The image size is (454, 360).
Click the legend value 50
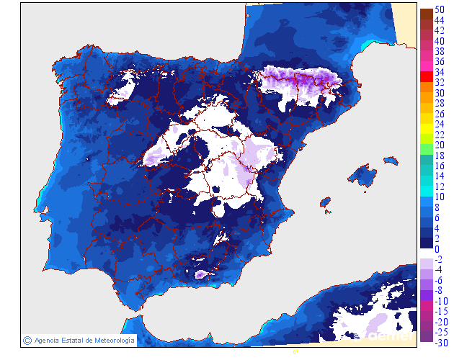[x=439, y=9]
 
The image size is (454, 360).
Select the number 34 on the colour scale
[x=439, y=73]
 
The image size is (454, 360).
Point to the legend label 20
[x=439, y=145]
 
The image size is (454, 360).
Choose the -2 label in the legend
[x=438, y=259]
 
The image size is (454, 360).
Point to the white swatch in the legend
[x=426, y=253]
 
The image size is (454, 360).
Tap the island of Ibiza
[x=325, y=204]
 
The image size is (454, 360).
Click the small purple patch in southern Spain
[x=200, y=274]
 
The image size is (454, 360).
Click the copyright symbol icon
[x=27, y=340]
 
